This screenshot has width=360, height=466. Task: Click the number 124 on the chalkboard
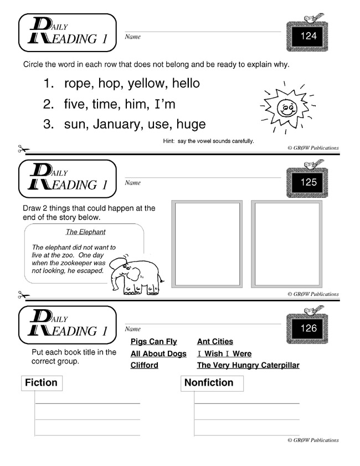coord(308,37)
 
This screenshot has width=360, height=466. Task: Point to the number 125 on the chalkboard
coord(308,182)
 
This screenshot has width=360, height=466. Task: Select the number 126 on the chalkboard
coord(308,328)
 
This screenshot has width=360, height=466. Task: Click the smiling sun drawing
coord(286,107)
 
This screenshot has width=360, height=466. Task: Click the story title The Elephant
coord(85,232)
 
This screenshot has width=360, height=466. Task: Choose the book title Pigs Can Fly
coord(153,342)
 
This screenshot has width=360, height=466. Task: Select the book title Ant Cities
coord(215,342)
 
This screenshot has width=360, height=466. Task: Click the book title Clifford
coord(144,365)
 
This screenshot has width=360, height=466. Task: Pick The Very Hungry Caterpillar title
coord(248,365)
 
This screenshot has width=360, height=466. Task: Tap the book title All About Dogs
coord(158,354)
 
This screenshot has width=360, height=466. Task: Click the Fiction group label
coord(41,382)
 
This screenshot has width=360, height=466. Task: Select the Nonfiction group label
coord(209,382)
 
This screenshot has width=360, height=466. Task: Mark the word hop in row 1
coord(110,84)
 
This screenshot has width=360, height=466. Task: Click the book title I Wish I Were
coord(224,354)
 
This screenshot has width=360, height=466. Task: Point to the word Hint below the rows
coord(169,141)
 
